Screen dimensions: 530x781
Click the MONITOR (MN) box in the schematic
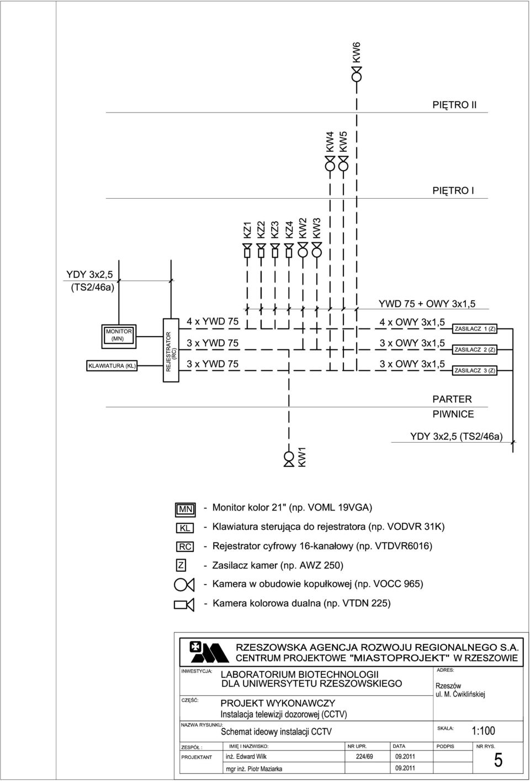coord(119,336)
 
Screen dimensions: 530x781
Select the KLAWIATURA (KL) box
coord(112,366)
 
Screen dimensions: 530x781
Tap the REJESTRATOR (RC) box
coord(171,350)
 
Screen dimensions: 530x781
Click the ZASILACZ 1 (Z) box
coord(475,329)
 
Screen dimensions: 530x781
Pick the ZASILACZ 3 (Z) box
coord(475,370)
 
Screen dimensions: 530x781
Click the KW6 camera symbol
coord(356,74)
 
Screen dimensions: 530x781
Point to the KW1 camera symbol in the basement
coord(289,459)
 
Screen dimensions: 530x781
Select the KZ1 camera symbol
coord(247,251)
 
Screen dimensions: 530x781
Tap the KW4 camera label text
coord(330,141)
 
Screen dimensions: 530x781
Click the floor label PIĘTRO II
coord(454,105)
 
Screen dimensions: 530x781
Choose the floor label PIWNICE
coord(453,414)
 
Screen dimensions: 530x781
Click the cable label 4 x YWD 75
coord(213,321)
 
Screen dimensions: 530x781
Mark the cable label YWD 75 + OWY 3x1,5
coord(427,304)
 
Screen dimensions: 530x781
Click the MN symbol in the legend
coord(185,509)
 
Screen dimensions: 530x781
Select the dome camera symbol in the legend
coord(184,585)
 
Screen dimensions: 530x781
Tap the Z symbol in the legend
coord(181,565)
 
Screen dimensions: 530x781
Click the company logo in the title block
coord(209,652)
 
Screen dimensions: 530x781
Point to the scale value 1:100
coord(483,730)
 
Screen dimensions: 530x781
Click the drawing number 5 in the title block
coord(499,760)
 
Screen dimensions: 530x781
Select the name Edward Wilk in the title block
coord(251,756)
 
